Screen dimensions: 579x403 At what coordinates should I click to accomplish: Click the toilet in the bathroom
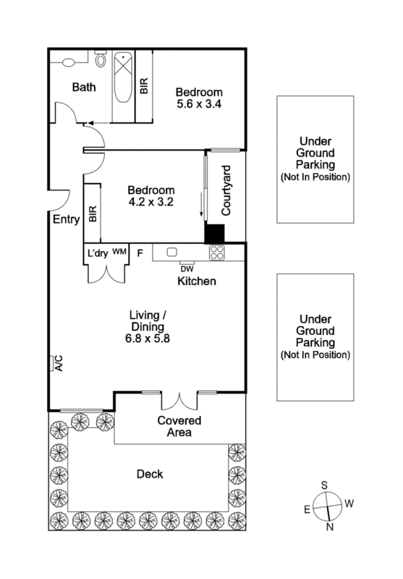pyautogui.click(x=101, y=61)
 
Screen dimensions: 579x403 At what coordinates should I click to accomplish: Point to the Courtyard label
pyautogui.click(x=225, y=191)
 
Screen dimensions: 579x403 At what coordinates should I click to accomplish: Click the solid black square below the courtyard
pyautogui.click(x=215, y=234)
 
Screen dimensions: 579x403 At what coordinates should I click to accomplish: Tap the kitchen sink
pyautogui.click(x=172, y=252)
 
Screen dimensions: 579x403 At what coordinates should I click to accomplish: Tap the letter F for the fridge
pyautogui.click(x=140, y=253)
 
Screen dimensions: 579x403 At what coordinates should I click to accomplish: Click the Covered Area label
pyautogui.click(x=179, y=426)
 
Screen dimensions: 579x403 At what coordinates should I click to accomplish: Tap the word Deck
pyautogui.click(x=149, y=475)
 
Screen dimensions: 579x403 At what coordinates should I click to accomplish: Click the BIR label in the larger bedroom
pyautogui.click(x=144, y=86)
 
